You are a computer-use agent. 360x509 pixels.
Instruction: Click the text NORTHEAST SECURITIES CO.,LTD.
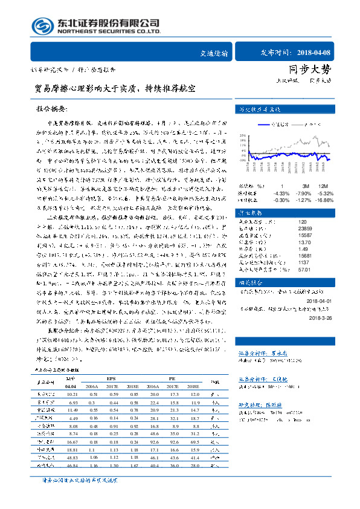click(x=109, y=31)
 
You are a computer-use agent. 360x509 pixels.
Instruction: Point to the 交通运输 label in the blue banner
click(x=214, y=53)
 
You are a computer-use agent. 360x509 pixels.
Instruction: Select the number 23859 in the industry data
click(x=289, y=229)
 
